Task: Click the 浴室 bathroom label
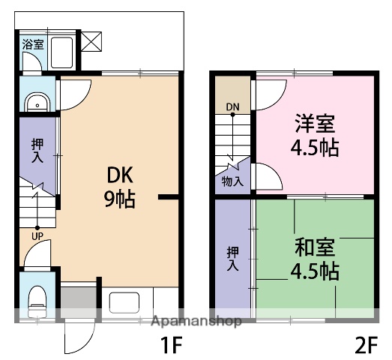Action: point(32,44)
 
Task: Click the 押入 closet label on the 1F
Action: point(37,150)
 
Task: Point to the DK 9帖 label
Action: point(120,186)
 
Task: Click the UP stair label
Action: point(37,237)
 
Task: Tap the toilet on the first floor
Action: point(35,303)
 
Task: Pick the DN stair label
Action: point(233,108)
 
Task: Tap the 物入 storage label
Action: point(232,181)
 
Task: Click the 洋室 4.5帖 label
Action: point(315,134)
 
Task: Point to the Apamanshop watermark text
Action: point(196,322)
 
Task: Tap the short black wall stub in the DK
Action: point(169,198)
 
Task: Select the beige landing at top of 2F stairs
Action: point(233,91)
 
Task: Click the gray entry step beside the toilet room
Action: point(78,301)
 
